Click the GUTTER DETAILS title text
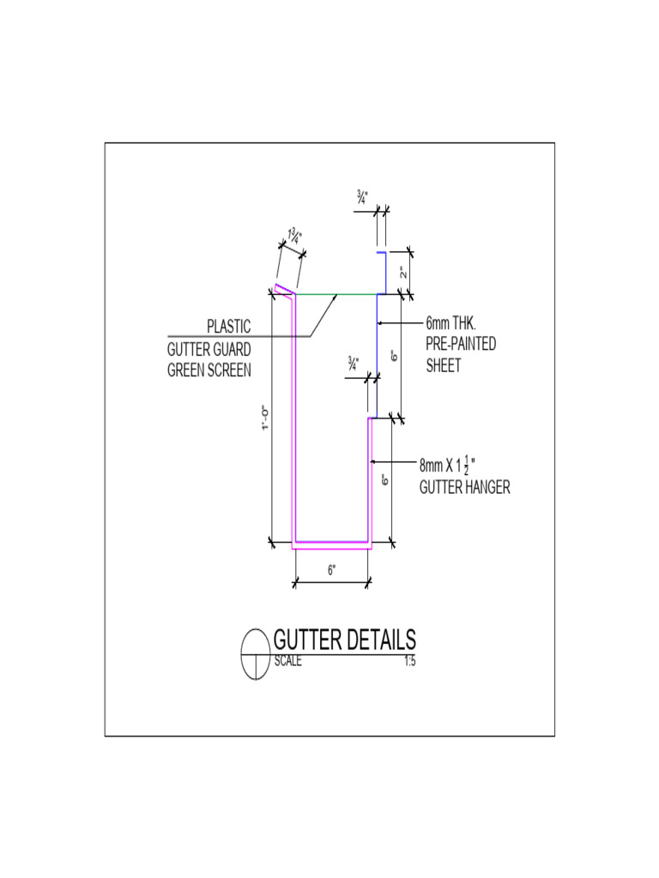point(344,640)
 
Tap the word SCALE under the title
point(287,661)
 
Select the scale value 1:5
point(409,661)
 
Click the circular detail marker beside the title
point(256,654)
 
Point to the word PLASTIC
point(228,327)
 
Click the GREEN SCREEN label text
point(209,371)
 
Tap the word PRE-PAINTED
point(461,345)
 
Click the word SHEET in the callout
point(444,366)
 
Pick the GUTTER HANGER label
point(464,488)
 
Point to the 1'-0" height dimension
point(267,418)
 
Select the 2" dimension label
point(402,274)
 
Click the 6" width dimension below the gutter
point(332,571)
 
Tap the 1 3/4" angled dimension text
point(293,238)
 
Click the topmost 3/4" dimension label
point(363,197)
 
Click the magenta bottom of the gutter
point(331,544)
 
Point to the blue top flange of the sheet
point(383,273)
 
